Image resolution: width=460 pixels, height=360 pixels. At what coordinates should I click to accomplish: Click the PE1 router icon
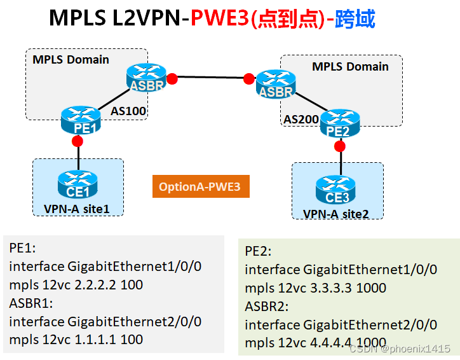pos(81,119)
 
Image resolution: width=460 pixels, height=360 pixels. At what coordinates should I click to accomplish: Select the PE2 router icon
pos(340,122)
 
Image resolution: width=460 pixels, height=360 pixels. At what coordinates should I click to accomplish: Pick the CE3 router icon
pos(334,188)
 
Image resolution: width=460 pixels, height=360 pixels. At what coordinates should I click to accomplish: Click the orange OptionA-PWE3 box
pos(200,187)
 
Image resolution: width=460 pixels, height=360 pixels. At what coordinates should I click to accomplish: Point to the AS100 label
pos(129,111)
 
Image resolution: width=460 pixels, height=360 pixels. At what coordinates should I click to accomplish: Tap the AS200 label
pos(301,119)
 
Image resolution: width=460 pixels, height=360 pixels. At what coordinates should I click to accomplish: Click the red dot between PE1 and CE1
pos(78,140)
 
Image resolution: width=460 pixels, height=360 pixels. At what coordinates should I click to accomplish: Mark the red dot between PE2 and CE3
pos(340,146)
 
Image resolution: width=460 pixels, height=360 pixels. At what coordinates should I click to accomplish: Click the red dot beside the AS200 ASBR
pos(248,79)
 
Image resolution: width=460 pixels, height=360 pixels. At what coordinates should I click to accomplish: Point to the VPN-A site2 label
pos(336,214)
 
